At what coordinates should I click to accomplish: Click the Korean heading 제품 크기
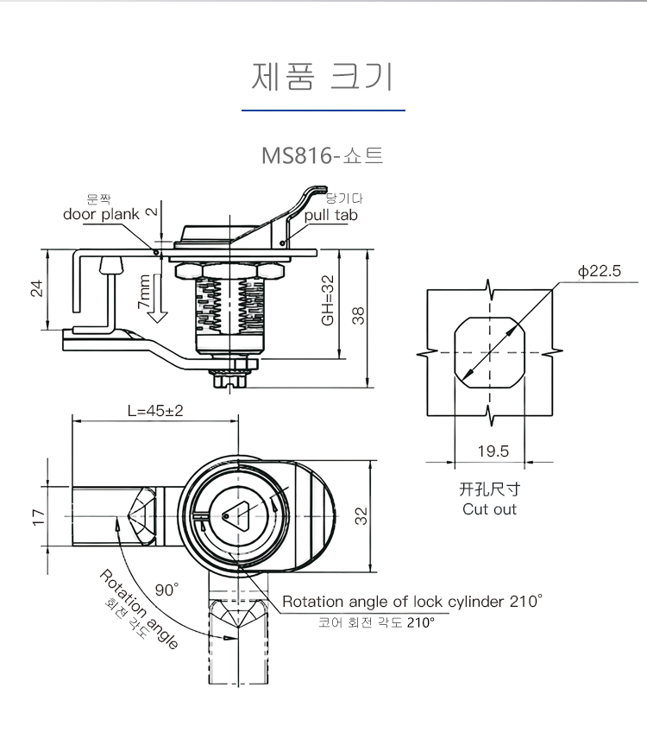coord(323,77)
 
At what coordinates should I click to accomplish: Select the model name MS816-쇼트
coord(323,157)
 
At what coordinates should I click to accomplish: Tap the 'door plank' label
coord(101,214)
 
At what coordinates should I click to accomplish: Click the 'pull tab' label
coord(330,215)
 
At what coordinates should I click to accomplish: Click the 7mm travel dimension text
coord(143,293)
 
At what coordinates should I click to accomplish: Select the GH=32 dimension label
coord(328,300)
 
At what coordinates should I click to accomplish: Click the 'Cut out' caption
coord(489,509)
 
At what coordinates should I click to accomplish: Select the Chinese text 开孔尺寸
coord(489,489)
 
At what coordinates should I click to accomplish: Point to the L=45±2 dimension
coord(155,411)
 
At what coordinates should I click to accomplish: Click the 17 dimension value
coord(37,516)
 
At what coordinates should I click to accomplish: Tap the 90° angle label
coord(166,590)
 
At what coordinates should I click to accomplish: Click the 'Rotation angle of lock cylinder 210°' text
coord(412,602)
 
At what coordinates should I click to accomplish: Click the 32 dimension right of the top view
coord(362,516)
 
